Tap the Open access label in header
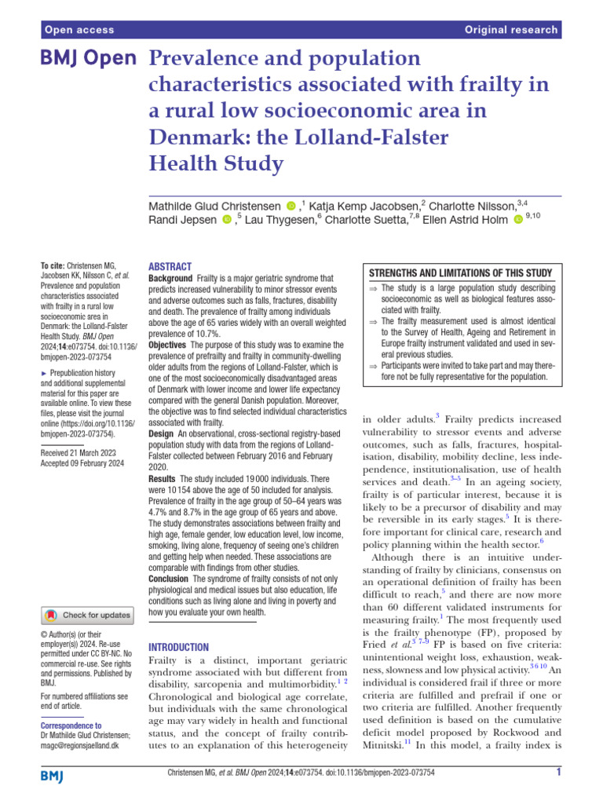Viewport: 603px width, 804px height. coord(79,30)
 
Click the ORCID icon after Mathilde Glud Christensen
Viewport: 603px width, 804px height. coord(292,206)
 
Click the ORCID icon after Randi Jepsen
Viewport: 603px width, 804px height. coord(227,221)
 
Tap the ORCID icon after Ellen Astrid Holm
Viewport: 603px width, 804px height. coord(517,221)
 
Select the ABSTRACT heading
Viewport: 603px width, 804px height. coord(170,267)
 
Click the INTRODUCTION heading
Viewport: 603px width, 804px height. coord(179,647)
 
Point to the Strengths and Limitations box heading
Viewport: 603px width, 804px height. coord(461,272)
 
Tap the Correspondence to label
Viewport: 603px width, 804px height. coord(71,725)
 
